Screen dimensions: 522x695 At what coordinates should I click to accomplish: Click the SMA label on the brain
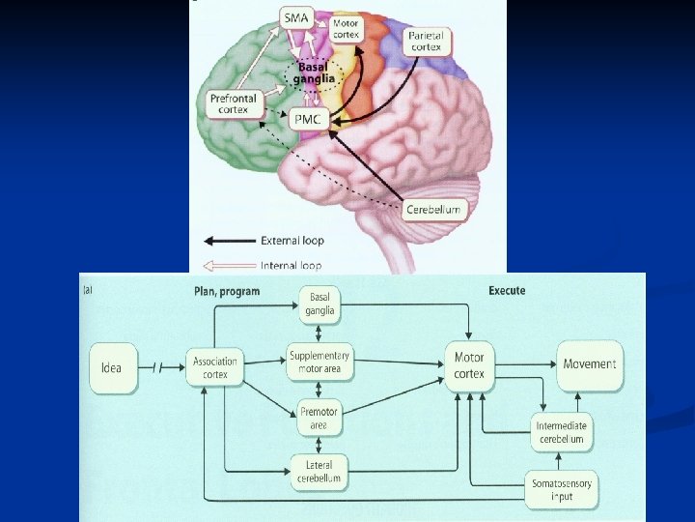(296, 16)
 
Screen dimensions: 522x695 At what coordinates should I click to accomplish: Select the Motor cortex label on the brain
(346, 28)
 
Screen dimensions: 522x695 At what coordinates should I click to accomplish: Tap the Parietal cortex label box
(425, 41)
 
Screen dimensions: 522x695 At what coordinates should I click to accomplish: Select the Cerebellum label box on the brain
(431, 208)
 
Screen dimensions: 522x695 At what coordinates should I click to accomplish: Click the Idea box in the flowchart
(112, 367)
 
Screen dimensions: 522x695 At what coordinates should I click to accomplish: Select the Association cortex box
(215, 368)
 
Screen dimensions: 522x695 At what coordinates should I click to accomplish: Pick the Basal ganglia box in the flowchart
(320, 304)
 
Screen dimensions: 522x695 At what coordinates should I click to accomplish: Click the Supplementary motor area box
(320, 362)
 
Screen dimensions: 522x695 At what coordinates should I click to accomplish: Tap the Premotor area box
(320, 418)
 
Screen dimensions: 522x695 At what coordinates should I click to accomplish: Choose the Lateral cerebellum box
(320, 472)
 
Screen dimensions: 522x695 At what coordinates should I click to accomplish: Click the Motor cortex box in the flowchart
(469, 365)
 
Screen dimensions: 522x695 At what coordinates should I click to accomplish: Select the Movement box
(590, 364)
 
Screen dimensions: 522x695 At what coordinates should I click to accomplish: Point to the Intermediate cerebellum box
(562, 432)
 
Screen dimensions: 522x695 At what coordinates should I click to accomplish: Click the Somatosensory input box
(562, 490)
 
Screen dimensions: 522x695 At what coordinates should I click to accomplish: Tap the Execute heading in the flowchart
(507, 290)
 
